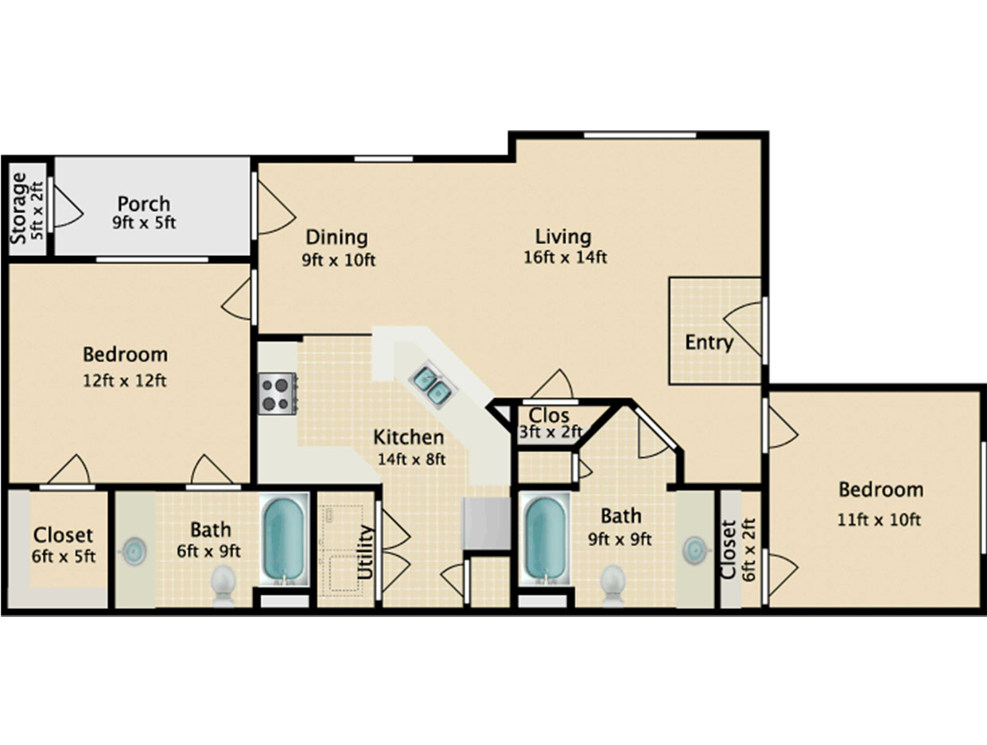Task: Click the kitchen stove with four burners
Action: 277,394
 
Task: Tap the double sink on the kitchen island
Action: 433,385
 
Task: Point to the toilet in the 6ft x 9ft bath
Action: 223,585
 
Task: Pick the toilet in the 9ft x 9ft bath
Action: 613,585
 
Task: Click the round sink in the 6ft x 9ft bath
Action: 134,551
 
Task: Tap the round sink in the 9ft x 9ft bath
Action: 696,550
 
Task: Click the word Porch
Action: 144,204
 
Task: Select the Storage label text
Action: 19,208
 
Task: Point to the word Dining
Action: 336,237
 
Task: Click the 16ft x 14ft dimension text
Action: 565,258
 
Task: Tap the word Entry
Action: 709,343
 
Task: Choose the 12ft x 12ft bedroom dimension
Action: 125,381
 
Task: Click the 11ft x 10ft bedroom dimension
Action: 879,520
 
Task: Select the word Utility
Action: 365,553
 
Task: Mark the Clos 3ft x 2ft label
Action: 550,423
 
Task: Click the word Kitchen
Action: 409,437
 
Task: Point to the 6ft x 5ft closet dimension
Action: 64,557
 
